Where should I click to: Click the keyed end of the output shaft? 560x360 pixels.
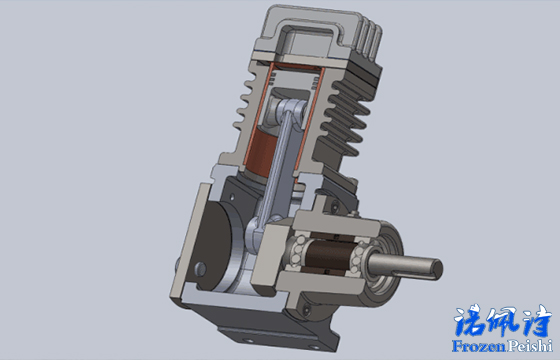[x=435, y=269]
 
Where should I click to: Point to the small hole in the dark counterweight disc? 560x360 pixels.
[x=200, y=269]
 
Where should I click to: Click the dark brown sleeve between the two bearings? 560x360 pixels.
[x=326, y=255]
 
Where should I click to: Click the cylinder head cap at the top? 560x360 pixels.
[x=314, y=32]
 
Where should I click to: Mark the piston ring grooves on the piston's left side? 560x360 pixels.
[x=272, y=76]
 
